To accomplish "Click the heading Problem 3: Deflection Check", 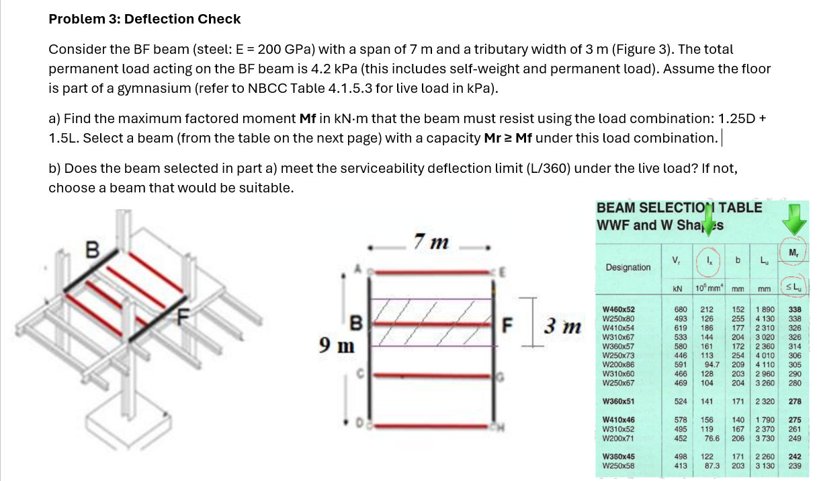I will [x=144, y=19].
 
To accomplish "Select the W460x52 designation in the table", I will [x=619, y=309].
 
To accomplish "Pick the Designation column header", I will [x=628, y=267].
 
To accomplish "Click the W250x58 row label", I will [x=619, y=465].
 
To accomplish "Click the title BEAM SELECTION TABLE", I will [x=679, y=208].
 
